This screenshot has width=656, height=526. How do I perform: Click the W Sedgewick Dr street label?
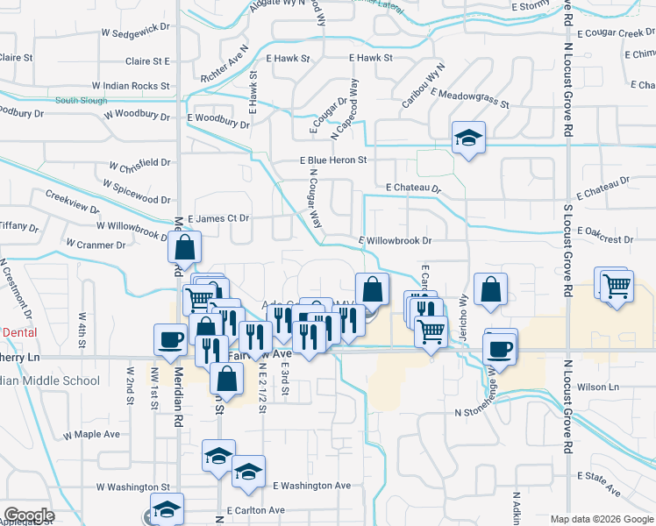(134, 30)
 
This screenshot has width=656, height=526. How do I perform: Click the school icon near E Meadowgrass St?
(468, 139)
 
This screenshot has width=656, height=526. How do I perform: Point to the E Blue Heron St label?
(333, 160)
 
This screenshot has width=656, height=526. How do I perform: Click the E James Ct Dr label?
(218, 217)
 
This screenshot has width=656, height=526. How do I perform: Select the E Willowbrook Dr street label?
(396, 240)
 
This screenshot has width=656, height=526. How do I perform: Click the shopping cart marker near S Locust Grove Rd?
(617, 286)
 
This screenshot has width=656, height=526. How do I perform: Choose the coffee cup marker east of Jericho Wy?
(500, 348)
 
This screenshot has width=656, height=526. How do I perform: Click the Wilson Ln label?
(598, 387)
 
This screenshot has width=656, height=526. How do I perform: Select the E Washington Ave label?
(311, 486)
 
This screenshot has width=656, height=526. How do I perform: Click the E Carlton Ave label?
(255, 510)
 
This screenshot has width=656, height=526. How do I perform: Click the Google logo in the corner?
(28, 515)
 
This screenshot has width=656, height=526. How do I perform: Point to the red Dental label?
(19, 333)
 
